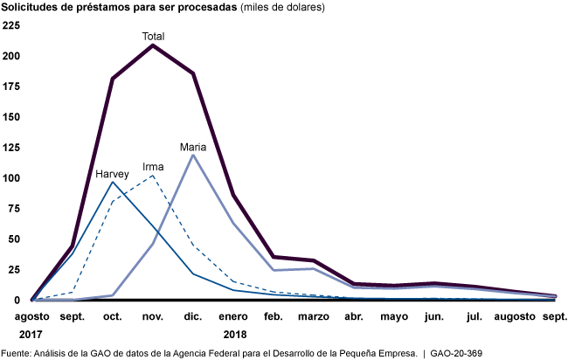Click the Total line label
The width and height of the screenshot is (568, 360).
click(x=154, y=37)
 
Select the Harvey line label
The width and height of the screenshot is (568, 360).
click(x=113, y=174)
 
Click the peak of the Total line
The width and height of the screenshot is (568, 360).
click(x=153, y=45)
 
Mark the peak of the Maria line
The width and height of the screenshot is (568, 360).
click(x=193, y=156)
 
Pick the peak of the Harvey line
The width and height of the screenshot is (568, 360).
click(x=113, y=182)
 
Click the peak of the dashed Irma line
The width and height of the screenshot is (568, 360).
click(x=153, y=176)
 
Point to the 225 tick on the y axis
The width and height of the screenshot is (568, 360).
click(x=10, y=24)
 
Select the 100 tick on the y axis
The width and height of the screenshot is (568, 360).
click(x=10, y=177)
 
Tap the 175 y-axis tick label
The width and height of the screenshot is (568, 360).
click(x=10, y=86)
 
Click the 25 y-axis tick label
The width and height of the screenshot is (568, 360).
click(x=13, y=269)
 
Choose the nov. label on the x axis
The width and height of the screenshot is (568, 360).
click(x=153, y=316)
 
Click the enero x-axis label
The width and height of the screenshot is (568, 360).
click(x=233, y=316)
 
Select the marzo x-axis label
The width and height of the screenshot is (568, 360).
click(x=313, y=316)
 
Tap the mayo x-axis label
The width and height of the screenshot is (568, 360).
click(x=394, y=316)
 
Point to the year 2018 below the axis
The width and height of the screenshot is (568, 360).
click(x=233, y=334)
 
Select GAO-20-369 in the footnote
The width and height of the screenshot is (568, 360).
click(x=455, y=352)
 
